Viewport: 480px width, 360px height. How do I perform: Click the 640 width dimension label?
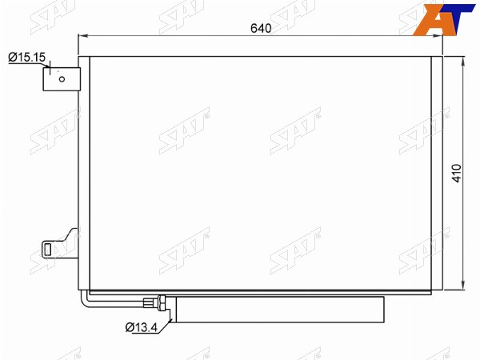261,28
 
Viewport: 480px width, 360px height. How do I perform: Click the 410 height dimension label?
457,174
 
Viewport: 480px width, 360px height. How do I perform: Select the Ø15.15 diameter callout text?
27,58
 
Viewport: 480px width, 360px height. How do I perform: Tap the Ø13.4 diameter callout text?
141,327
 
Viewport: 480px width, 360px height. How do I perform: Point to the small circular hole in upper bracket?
62,79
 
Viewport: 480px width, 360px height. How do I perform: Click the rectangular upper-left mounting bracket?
62,79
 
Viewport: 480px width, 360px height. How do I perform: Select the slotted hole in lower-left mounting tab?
47,250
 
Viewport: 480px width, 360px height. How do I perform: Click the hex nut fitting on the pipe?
162,302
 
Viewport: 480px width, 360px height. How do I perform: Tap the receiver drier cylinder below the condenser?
280,309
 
